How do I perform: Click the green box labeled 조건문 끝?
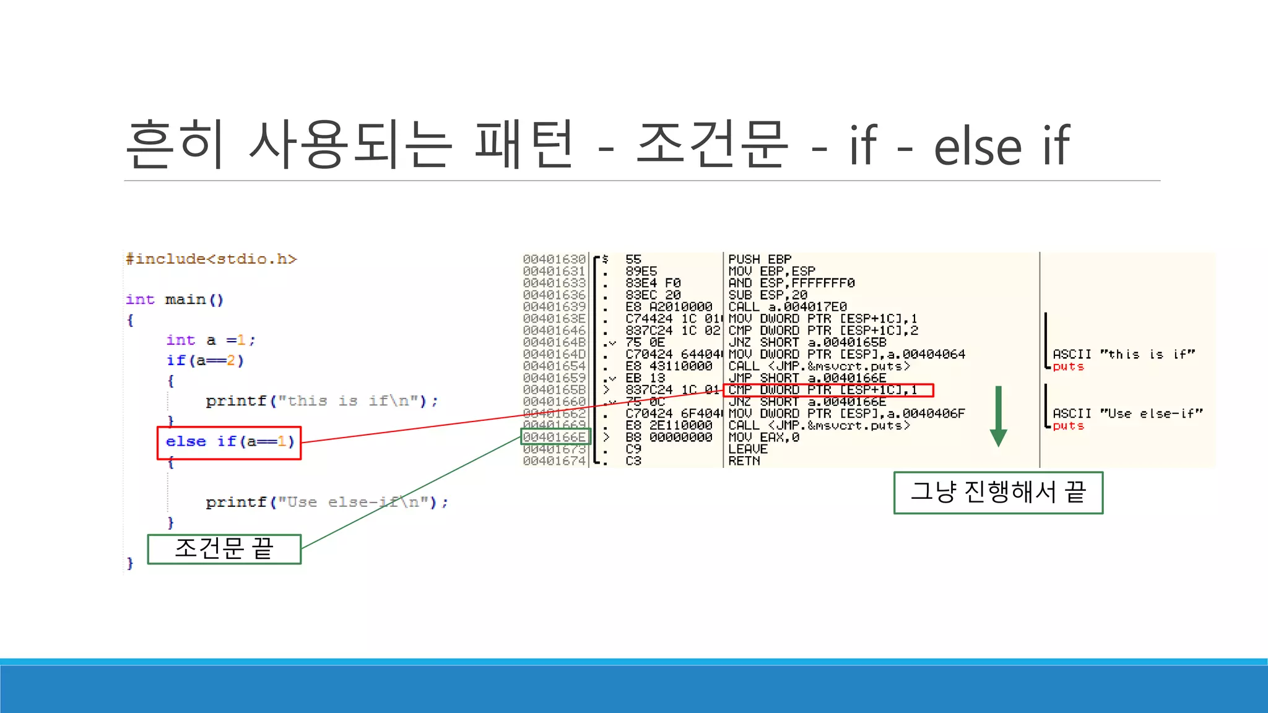[224, 549]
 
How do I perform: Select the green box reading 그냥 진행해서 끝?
[998, 493]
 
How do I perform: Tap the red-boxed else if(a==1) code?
[229, 442]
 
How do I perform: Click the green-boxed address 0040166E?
[555, 437]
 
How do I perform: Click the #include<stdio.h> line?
[211, 259]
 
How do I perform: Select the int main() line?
[174, 300]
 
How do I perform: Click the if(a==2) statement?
[205, 360]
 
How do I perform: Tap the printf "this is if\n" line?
[321, 401]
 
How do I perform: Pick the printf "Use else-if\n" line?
[326, 502]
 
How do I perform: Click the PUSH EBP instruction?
[760, 259]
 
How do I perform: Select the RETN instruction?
[744, 461]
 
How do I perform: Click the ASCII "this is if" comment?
[1123, 354]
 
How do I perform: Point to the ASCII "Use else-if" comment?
[1127, 413]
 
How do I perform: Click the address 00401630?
[554, 259]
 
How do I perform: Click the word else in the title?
[977, 147]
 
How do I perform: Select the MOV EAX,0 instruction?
[763, 437]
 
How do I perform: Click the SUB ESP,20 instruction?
[767, 295]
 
